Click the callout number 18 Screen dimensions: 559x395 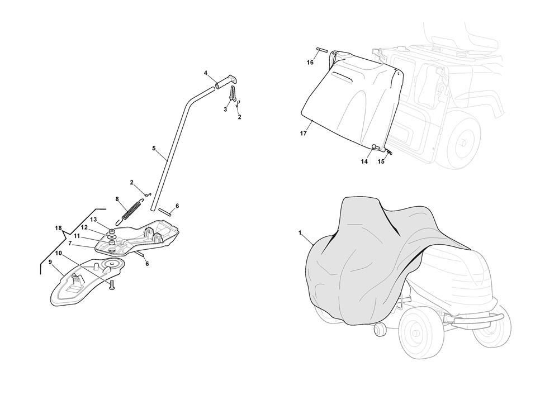[59, 228]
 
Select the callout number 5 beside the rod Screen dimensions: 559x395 [154, 148]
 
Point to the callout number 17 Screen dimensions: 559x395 [303, 134]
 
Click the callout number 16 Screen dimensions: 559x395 [310, 63]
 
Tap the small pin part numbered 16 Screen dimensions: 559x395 [321, 50]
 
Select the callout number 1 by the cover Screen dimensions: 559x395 [300, 232]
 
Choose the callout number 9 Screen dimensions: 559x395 [50, 262]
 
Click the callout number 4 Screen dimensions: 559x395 [206, 73]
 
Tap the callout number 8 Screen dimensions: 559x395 [117, 199]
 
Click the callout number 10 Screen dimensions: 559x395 [59, 253]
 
